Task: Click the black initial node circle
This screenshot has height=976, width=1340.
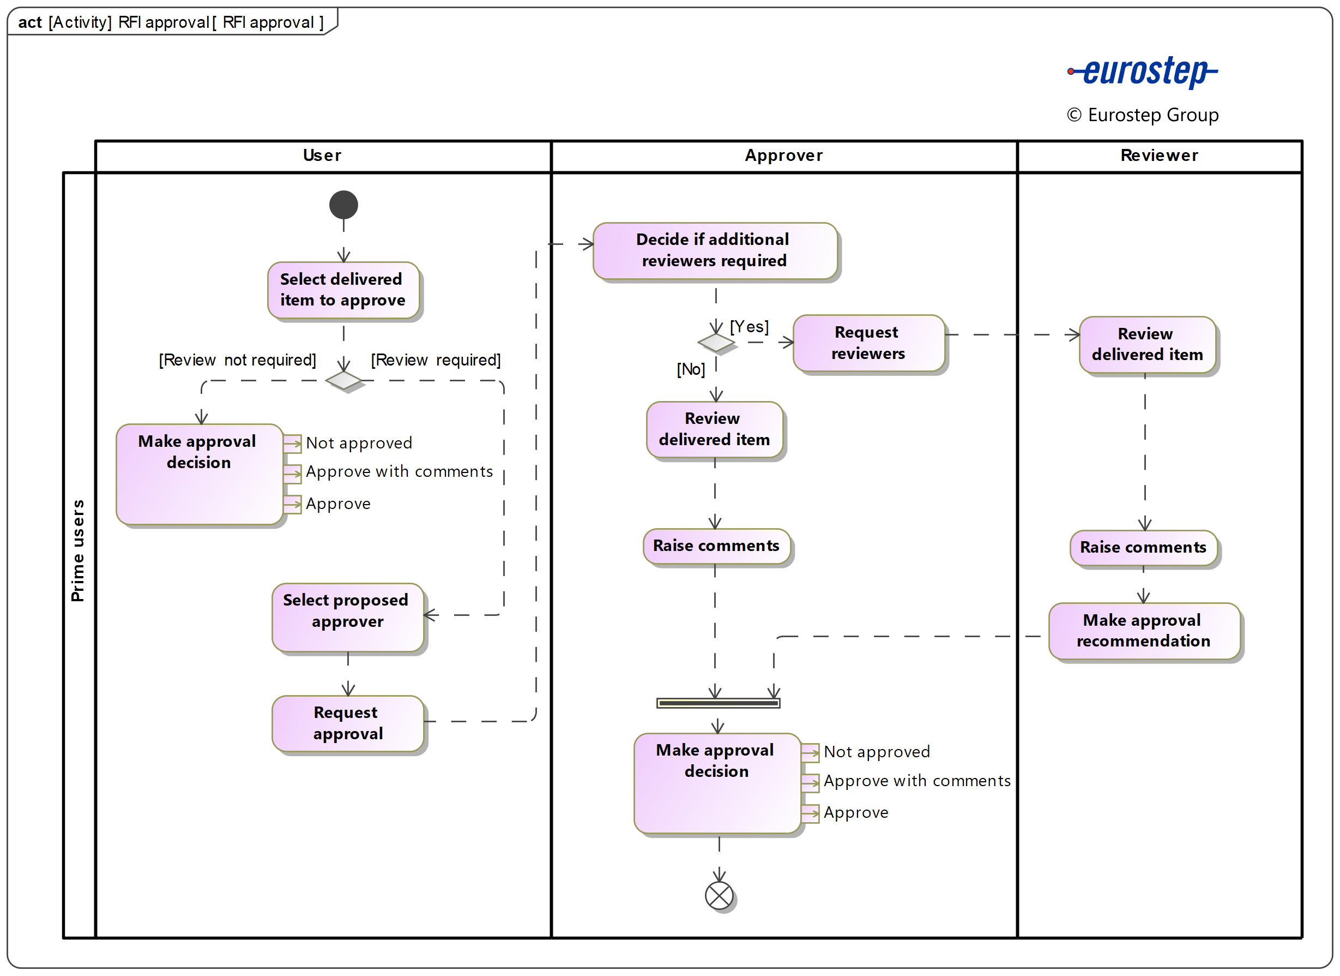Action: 343,205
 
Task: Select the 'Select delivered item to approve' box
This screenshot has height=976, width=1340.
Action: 343,290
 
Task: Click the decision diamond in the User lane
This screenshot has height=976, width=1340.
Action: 343,380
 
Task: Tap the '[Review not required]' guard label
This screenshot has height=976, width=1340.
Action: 237,360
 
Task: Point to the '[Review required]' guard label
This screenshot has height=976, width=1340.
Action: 436,360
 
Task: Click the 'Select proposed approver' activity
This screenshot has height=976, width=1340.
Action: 347,616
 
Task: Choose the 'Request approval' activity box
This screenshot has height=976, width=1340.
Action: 347,723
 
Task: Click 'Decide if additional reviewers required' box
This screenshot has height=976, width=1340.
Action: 714,250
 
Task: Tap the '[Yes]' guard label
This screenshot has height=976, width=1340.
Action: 749,326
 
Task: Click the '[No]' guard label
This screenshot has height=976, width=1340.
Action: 690,369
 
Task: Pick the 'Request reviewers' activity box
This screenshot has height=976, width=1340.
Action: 868,343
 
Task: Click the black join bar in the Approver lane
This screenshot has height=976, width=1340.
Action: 718,703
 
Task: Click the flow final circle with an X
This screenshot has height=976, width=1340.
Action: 719,896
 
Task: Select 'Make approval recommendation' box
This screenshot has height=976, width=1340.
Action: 1143,630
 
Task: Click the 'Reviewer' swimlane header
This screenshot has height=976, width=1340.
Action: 1158,155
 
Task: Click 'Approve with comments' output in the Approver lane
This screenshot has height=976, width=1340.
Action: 916,780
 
